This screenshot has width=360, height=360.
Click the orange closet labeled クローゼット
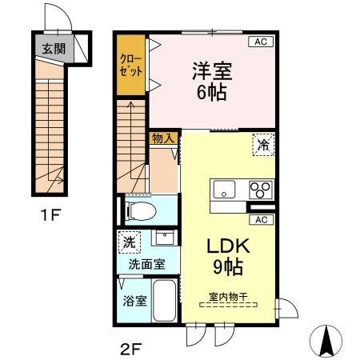[131, 66]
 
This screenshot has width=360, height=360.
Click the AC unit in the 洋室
[261, 42]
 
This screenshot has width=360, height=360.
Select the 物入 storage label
[163, 138]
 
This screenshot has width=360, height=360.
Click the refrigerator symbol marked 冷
[262, 145]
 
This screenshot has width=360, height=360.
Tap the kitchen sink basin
[224, 190]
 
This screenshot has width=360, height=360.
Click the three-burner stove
[260, 190]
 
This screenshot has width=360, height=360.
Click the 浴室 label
[134, 302]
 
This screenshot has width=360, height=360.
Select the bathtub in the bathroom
[166, 302]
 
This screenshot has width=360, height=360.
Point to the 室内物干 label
[228, 296]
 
